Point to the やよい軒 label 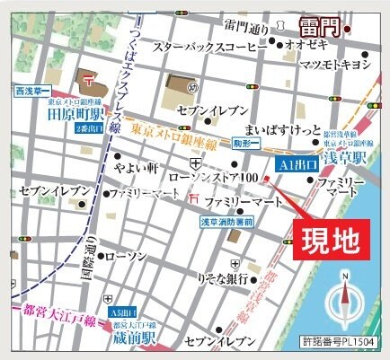tap(136, 166)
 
